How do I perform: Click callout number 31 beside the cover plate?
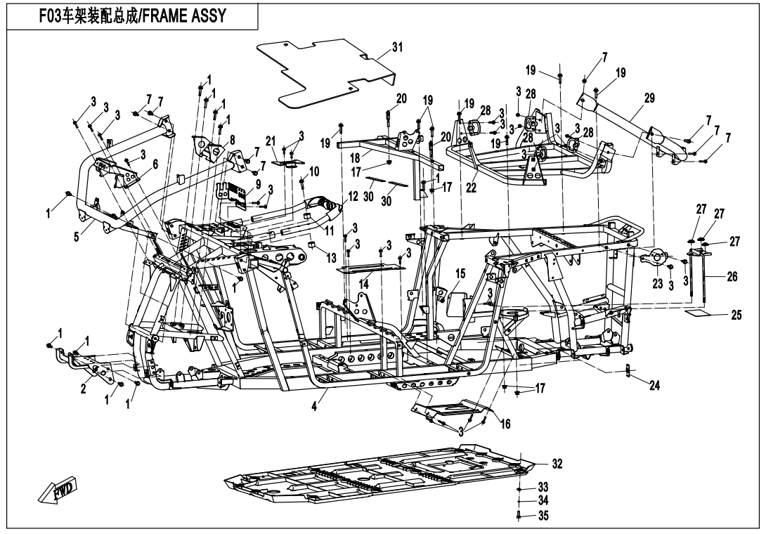tap(398, 48)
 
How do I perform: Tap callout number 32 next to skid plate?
tap(557, 464)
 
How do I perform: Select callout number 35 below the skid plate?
tap(543, 516)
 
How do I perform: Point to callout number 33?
tap(543, 486)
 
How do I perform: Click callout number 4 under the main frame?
tap(314, 408)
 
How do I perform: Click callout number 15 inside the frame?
tap(461, 272)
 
